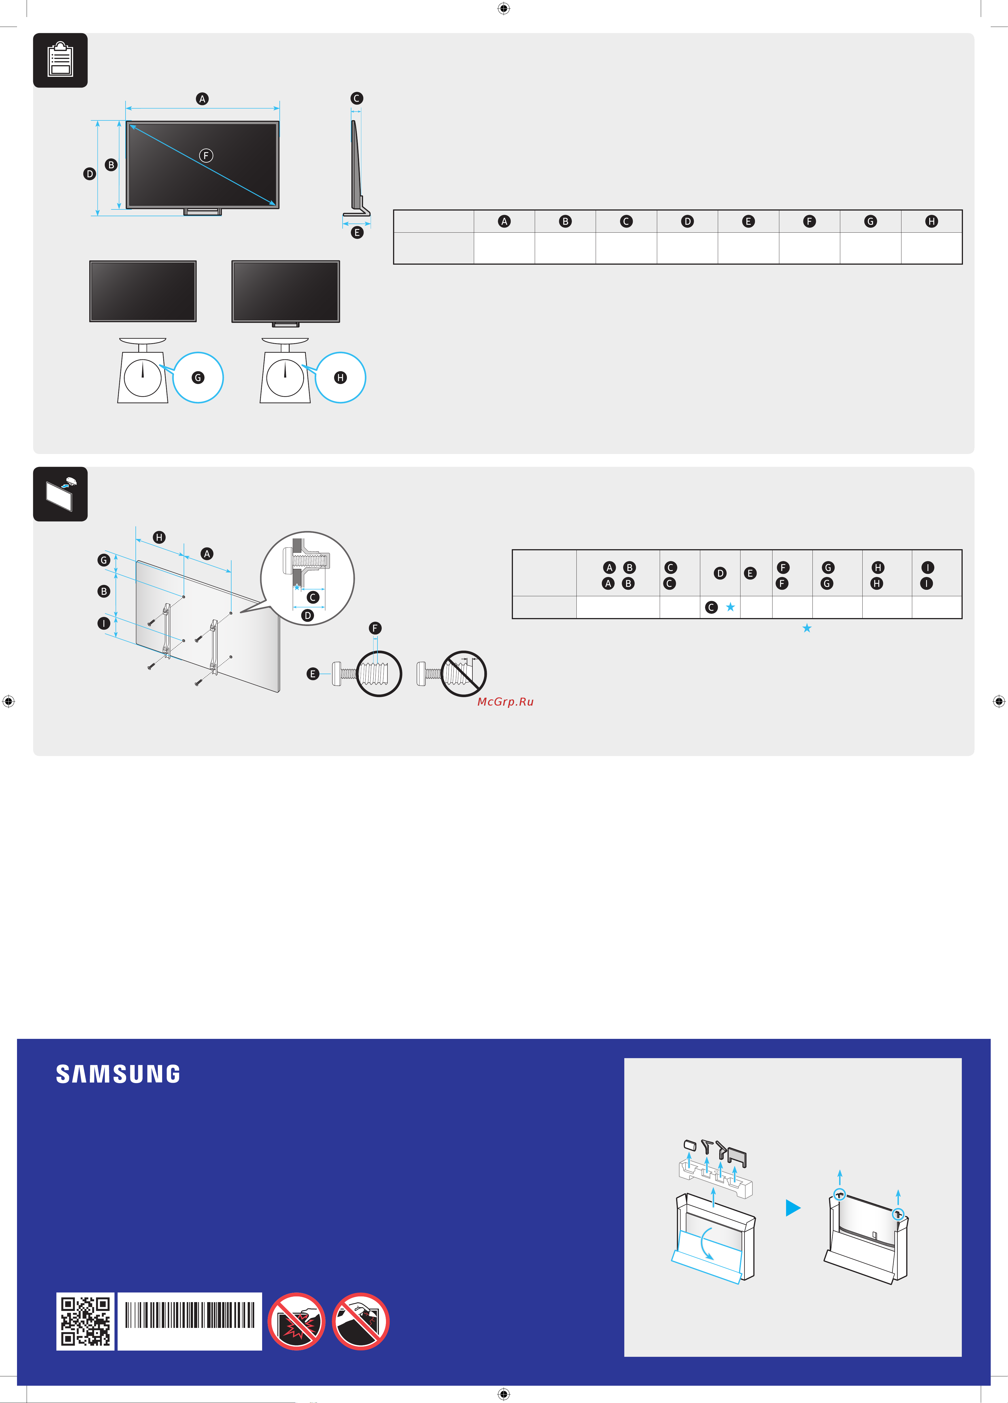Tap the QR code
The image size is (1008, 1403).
pos(85,1321)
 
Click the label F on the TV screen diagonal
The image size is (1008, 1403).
pos(206,155)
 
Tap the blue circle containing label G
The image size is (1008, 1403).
pos(198,377)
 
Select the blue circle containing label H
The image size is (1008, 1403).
pos(340,377)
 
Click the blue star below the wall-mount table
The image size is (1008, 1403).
pos(807,628)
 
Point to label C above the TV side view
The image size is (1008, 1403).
pos(356,98)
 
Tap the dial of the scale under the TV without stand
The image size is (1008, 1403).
pos(142,377)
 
